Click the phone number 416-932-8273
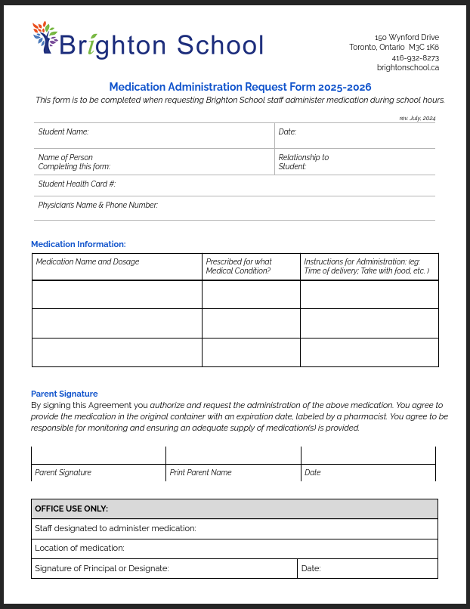[415, 57]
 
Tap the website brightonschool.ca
[407, 67]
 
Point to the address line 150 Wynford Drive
[407, 37]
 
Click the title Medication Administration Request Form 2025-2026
[240, 87]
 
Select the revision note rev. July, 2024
[417, 118]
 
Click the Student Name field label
[63, 131]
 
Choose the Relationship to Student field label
[303, 162]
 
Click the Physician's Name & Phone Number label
[97, 205]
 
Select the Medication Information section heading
[78, 244]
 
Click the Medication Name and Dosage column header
[88, 261]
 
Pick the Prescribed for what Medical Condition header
[239, 266]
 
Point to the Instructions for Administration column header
[366, 266]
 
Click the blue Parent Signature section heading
[64, 394]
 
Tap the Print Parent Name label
[200, 472]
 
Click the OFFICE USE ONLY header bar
[234, 509]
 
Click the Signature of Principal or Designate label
[102, 568]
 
